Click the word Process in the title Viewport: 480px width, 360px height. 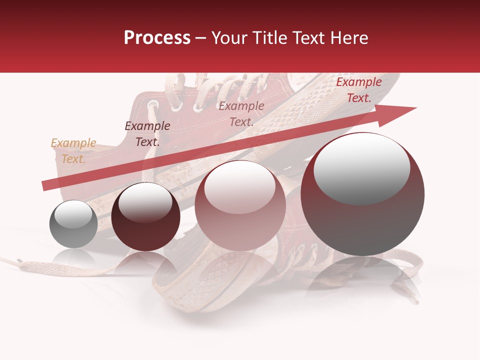[x=157, y=37]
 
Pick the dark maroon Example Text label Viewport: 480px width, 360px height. [x=147, y=134]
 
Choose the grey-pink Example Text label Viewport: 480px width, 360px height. [x=241, y=114]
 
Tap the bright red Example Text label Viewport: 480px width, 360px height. [x=359, y=90]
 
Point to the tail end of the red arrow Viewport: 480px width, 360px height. [x=45, y=186]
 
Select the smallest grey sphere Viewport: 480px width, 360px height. [x=73, y=224]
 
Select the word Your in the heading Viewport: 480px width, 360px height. [x=229, y=37]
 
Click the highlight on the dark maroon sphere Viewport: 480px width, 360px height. [x=145, y=202]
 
